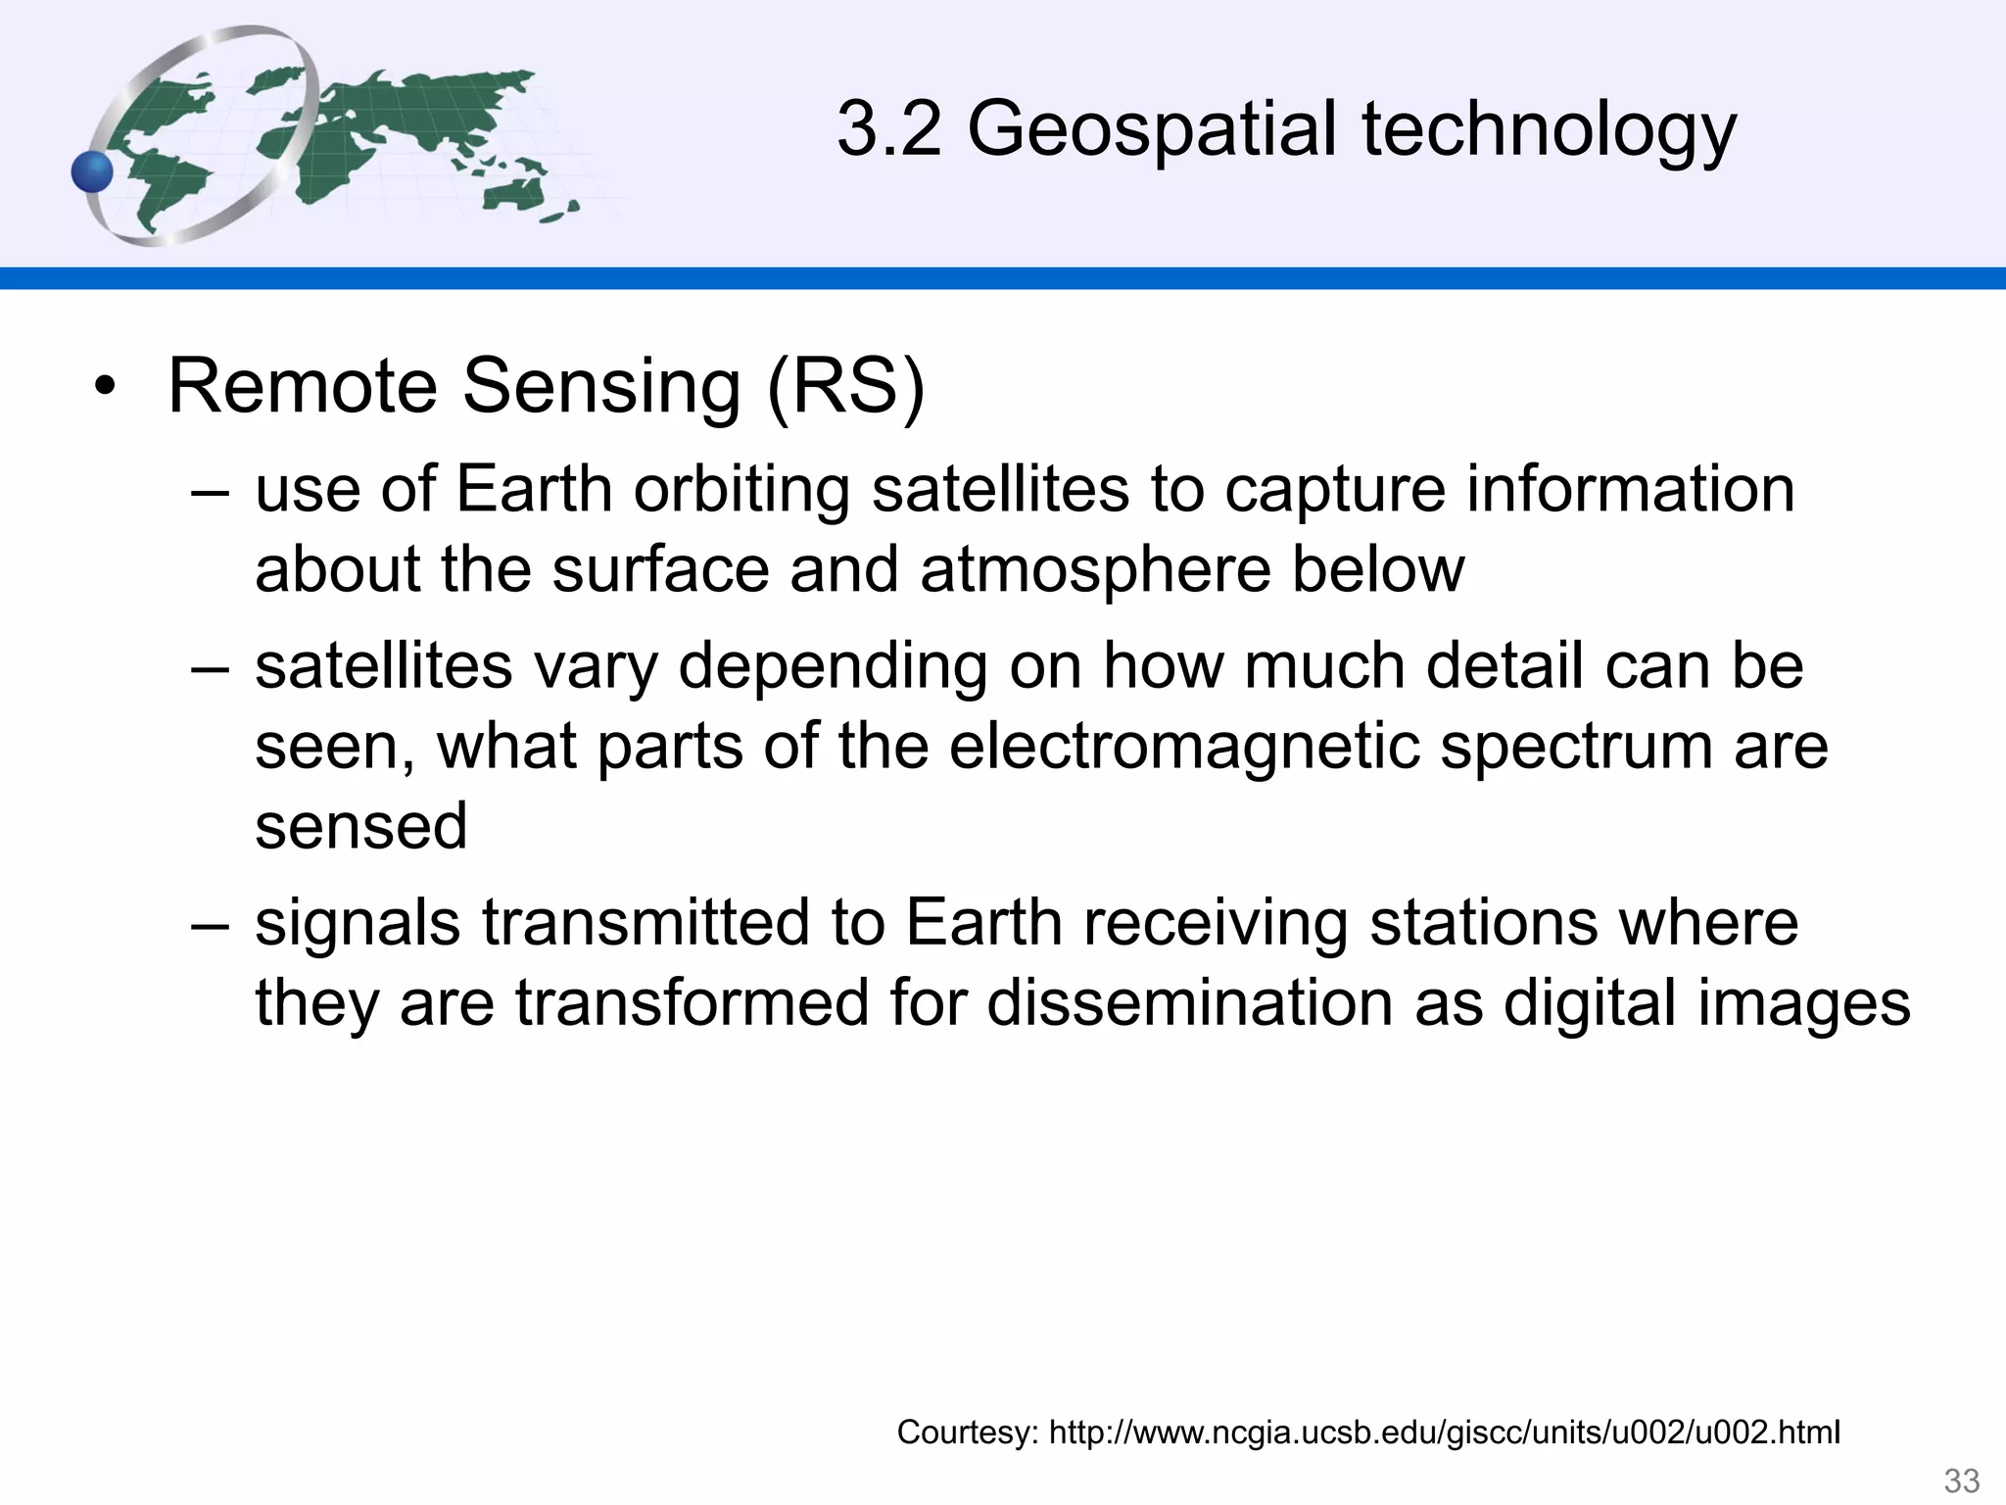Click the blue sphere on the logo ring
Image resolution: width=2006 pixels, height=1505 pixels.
pyautogui.click(x=93, y=172)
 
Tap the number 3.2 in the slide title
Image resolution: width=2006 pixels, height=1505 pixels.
pyautogui.click(x=888, y=129)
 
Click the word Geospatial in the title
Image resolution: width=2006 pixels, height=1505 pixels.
pyautogui.click(x=1151, y=131)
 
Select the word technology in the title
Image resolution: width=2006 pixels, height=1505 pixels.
pyautogui.click(x=1548, y=131)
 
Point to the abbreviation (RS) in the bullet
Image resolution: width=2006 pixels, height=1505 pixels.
pyautogui.click(x=844, y=386)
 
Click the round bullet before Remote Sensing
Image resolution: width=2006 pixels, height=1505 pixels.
pyautogui.click(x=105, y=389)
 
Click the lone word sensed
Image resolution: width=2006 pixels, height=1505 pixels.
pyautogui.click(x=360, y=825)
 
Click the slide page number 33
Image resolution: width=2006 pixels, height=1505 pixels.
pyautogui.click(x=1961, y=1480)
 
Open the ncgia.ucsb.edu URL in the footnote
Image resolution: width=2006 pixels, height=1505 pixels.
pyautogui.click(x=1444, y=1432)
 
